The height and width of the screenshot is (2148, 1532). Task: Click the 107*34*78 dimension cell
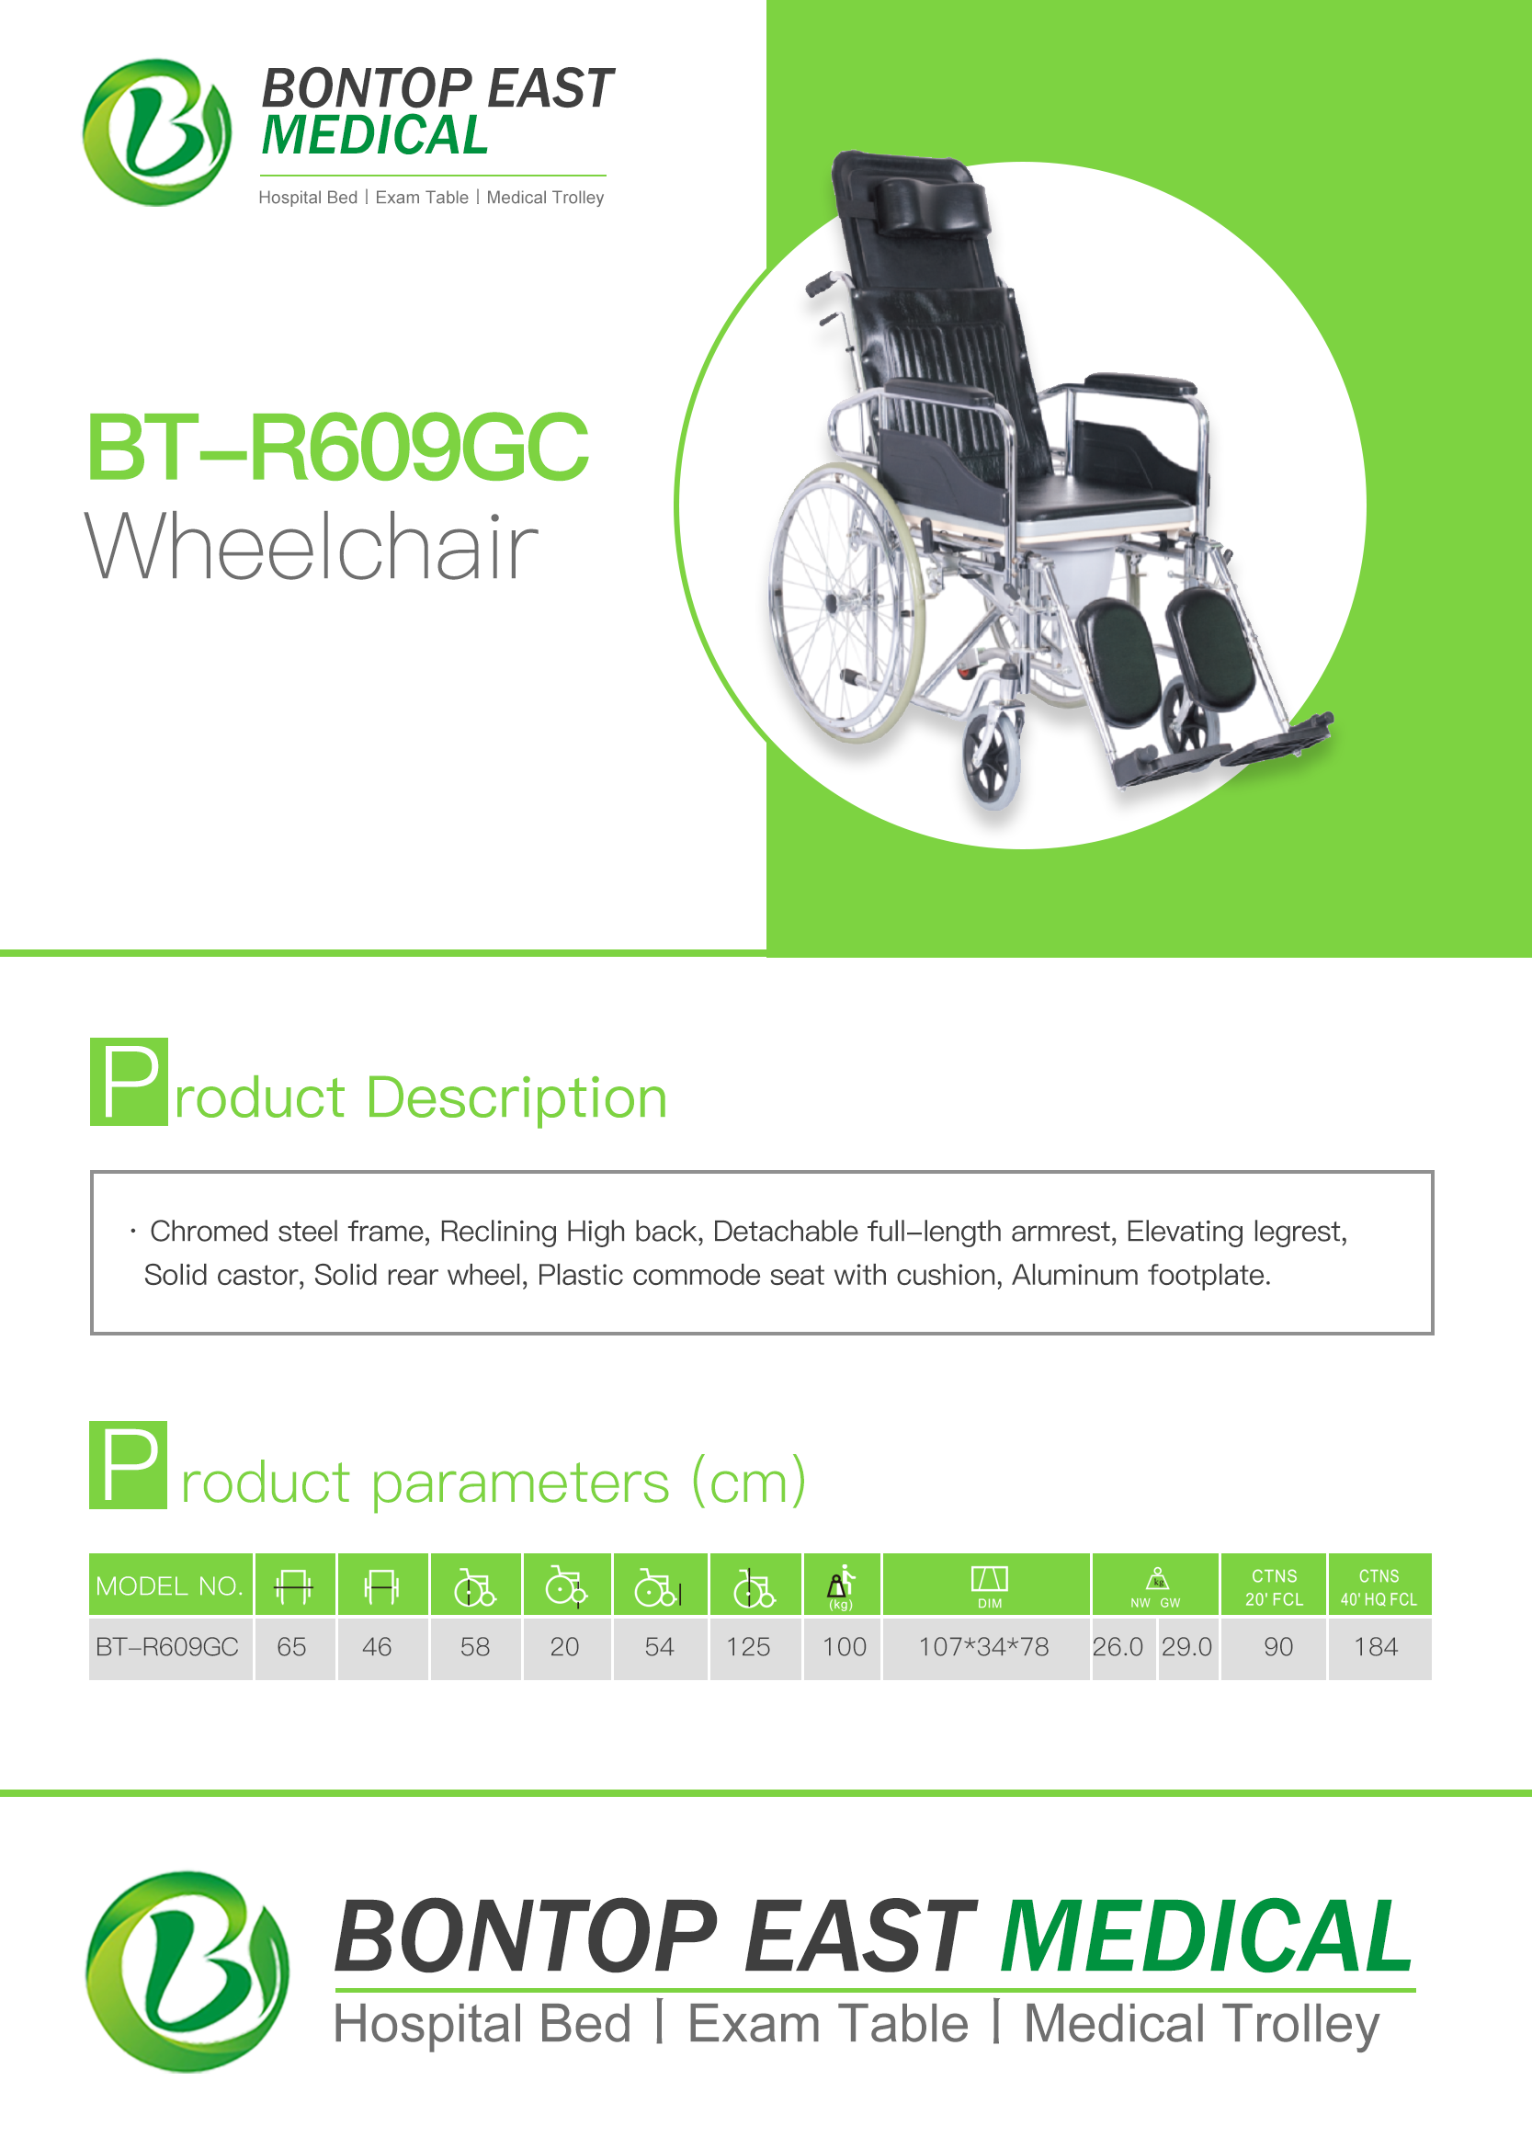(x=983, y=1647)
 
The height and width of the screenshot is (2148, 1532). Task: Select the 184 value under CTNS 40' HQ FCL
(x=1376, y=1647)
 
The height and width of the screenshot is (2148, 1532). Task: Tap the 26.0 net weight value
(x=1118, y=1647)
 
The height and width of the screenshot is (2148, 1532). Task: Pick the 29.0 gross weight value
(x=1186, y=1647)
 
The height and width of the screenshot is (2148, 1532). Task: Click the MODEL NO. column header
(x=170, y=1585)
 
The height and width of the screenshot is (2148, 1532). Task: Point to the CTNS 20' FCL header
(x=1274, y=1587)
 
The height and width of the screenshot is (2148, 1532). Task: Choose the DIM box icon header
(x=990, y=1585)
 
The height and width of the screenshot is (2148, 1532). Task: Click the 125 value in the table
(x=748, y=1647)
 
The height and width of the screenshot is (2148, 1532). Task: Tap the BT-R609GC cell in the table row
(x=167, y=1647)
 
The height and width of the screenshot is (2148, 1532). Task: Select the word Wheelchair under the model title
(x=312, y=546)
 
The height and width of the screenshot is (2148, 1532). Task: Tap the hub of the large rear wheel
(x=831, y=602)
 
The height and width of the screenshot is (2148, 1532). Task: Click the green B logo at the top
(x=156, y=132)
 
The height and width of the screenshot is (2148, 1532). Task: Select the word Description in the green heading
(x=516, y=1099)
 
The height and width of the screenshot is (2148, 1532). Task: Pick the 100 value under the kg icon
(x=845, y=1647)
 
